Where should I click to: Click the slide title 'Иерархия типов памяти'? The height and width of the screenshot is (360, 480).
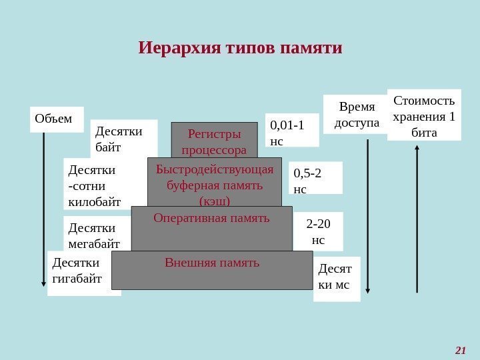[240, 49]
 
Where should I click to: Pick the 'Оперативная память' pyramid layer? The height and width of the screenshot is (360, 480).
[211, 227]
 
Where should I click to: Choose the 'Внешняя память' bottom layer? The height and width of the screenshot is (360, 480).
[211, 270]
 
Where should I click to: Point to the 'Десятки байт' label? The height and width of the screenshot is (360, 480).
[123, 138]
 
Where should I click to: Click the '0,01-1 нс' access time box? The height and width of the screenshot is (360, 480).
[292, 130]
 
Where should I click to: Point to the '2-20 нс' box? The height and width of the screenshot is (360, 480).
[319, 230]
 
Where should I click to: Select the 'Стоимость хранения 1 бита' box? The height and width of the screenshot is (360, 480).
[424, 115]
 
